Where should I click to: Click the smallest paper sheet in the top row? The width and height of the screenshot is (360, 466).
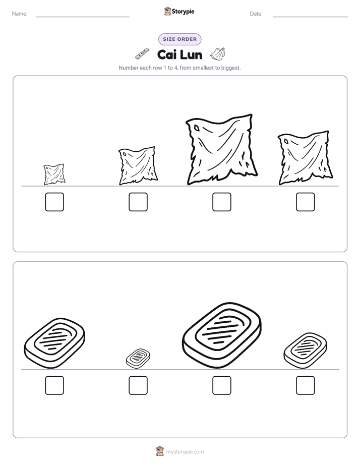tap(54, 174)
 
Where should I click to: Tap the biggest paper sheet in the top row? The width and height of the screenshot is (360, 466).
tap(221, 149)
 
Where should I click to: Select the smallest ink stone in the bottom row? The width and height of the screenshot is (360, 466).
tap(138, 359)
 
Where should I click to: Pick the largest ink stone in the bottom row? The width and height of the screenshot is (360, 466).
tap(221, 335)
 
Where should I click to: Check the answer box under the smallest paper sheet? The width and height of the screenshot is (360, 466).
tap(54, 202)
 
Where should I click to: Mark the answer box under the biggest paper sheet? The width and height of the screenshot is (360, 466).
tap(221, 202)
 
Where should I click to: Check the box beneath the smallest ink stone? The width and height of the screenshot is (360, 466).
tap(138, 385)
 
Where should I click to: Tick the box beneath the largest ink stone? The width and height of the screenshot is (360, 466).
tap(221, 385)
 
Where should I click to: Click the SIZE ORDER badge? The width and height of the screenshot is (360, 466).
tap(179, 39)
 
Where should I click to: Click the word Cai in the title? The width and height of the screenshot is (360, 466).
tap(166, 55)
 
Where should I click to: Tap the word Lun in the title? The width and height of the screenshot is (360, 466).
tap(191, 55)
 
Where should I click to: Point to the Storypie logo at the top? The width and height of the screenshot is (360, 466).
tap(179, 11)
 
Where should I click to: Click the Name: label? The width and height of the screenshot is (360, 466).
tap(20, 14)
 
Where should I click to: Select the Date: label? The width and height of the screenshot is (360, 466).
tap(256, 14)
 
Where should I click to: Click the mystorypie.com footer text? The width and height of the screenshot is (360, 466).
tap(185, 452)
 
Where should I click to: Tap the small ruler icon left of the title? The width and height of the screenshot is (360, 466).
tap(142, 53)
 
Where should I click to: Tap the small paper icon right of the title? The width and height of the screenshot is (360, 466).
tap(218, 53)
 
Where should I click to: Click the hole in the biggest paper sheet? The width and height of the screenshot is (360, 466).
tap(196, 128)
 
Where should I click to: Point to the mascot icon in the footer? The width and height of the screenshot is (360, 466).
tap(160, 451)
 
